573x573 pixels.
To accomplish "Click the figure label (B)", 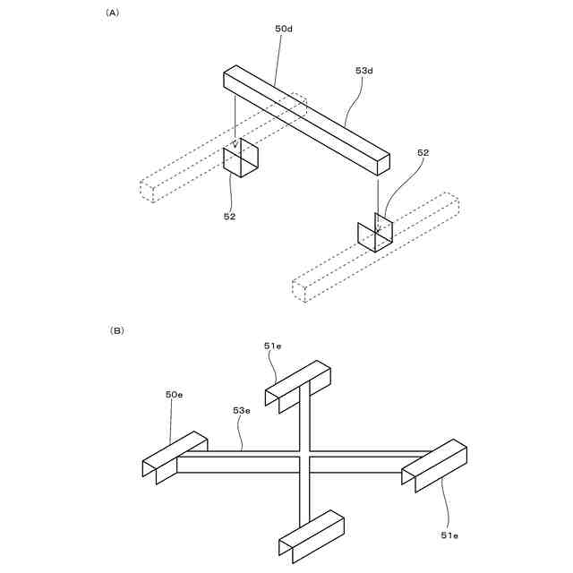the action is [116, 330].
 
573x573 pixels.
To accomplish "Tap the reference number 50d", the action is [284, 30].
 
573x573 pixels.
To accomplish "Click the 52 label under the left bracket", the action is [230, 215].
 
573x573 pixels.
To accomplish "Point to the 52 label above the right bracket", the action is [423, 153].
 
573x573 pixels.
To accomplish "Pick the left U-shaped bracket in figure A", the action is [240, 159].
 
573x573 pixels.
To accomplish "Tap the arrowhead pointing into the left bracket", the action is [235, 143].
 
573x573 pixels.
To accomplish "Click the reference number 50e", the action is [175, 394].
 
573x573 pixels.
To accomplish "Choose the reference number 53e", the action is [242, 411].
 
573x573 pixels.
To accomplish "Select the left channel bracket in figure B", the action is [175, 456].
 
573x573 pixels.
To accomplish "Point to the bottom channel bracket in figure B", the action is [312, 536].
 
